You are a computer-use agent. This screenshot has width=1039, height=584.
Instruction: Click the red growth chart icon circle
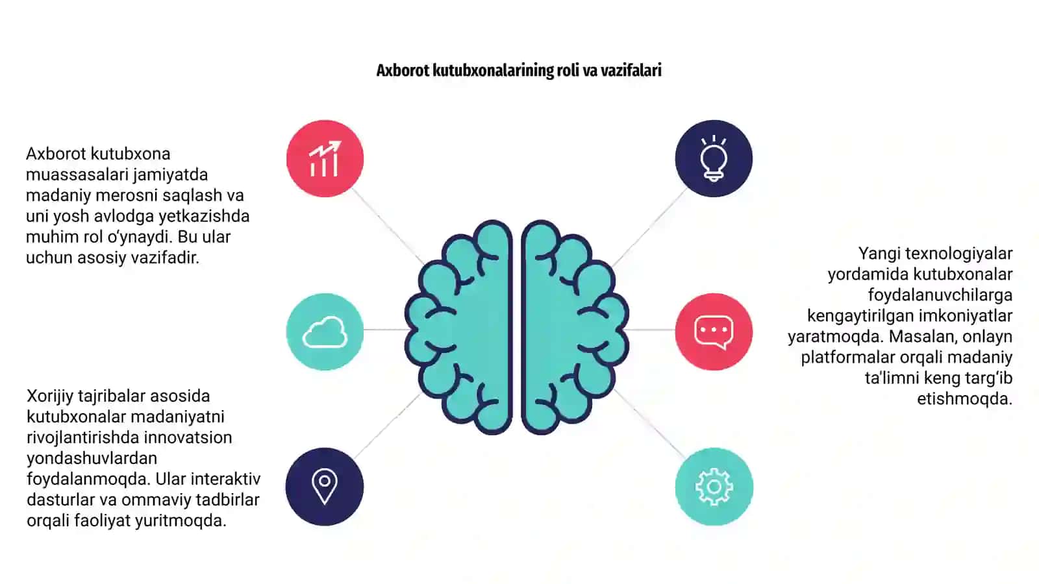pos(325,158)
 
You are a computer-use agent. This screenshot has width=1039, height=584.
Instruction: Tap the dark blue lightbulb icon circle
pos(714,158)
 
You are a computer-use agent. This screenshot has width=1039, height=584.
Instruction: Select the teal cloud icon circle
pos(325,332)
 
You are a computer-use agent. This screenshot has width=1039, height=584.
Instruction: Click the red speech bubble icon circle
pos(714,332)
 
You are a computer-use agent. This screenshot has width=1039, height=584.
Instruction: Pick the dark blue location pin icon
pos(325,487)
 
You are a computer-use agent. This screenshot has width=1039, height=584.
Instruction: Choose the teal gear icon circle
pos(714,487)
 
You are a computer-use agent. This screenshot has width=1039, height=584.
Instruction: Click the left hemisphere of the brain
pos(459,327)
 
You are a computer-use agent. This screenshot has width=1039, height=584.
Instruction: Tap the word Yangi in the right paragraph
pos(879,254)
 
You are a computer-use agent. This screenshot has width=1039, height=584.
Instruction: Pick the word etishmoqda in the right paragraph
pos(965,399)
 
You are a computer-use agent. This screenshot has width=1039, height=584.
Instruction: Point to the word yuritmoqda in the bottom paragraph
pos(181,521)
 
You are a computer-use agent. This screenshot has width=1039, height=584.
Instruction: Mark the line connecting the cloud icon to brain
pos(386,330)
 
